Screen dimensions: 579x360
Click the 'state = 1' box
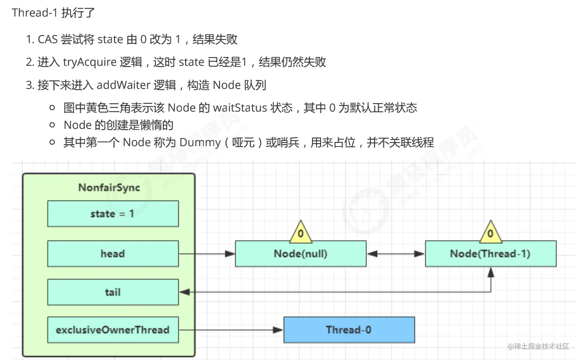[x=113, y=213]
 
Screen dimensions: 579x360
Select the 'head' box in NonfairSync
[x=113, y=253]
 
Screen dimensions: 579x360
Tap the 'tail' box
[x=113, y=292]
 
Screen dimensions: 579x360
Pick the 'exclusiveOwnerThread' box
[x=113, y=330]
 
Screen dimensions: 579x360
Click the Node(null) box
[x=301, y=253]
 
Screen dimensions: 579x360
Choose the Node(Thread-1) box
[x=491, y=253]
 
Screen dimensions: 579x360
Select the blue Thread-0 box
[x=349, y=330]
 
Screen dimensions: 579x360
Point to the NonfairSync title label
[x=109, y=188]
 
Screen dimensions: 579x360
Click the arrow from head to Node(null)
[x=207, y=254]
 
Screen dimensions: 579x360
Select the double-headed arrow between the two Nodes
[x=396, y=254]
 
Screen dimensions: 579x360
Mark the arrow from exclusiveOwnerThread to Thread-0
[x=231, y=330]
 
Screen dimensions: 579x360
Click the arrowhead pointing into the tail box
[x=184, y=292]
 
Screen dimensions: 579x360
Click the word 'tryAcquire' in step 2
[x=90, y=62]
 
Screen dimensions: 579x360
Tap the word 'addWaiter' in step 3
[x=123, y=85]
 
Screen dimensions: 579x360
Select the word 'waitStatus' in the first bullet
[x=240, y=108]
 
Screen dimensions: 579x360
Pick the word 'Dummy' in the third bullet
[x=200, y=142]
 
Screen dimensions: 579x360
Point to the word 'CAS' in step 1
[x=48, y=39]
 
